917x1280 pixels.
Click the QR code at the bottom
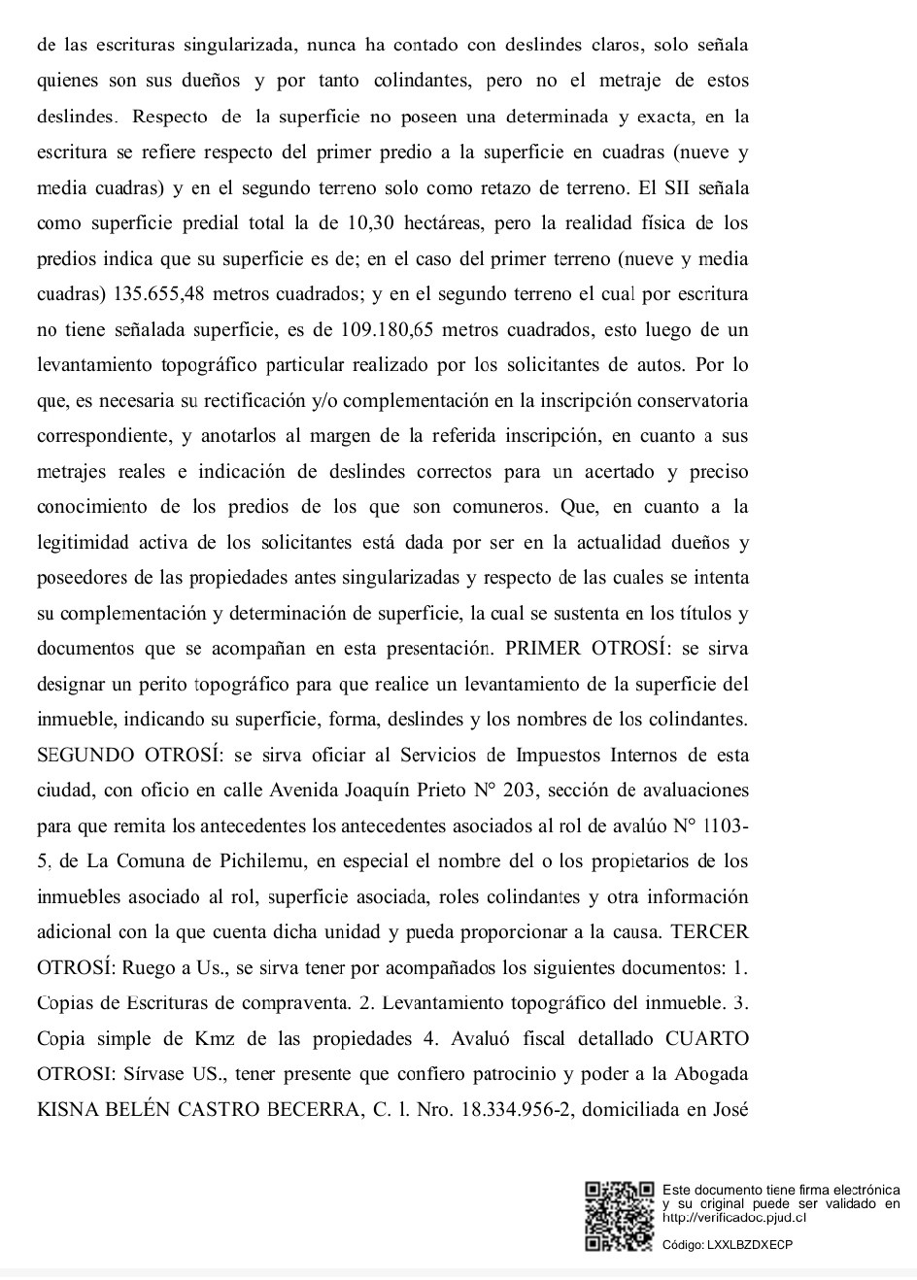[x=620, y=1215]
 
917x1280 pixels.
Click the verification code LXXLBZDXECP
[x=751, y=1244]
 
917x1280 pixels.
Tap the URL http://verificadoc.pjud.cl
[x=734, y=1217]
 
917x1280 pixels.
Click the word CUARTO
[x=707, y=1038]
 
